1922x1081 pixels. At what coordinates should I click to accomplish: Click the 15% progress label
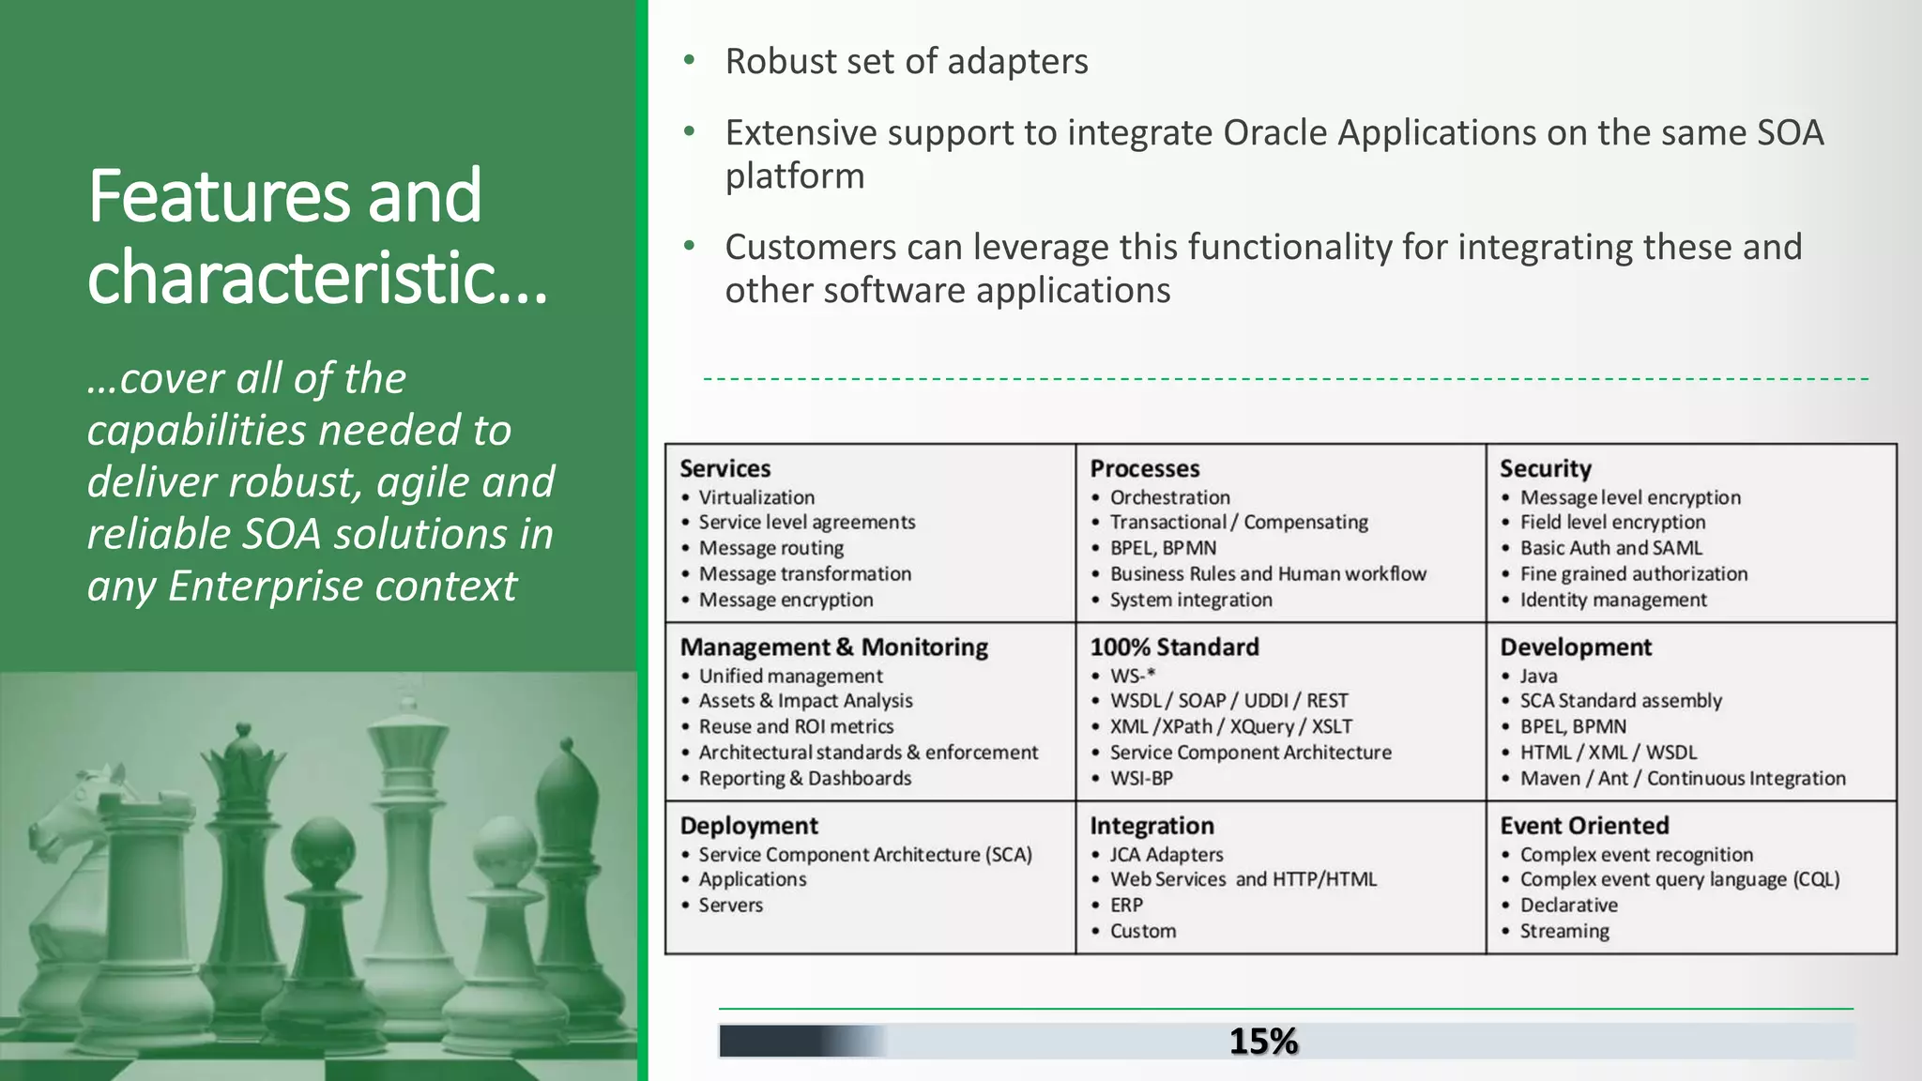pyautogui.click(x=1263, y=1041)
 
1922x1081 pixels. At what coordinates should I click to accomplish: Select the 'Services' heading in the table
pyautogui.click(x=725, y=468)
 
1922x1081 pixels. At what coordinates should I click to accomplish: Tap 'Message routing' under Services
pyautogui.click(x=770, y=548)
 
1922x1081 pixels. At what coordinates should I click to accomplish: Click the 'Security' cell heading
pyautogui.click(x=1545, y=468)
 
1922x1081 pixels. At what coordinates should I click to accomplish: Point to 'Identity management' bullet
pyautogui.click(x=1612, y=600)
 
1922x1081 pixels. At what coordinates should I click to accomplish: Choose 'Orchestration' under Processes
pyautogui.click(x=1169, y=497)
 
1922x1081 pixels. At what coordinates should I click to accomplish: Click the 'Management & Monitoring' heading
pyautogui.click(x=833, y=647)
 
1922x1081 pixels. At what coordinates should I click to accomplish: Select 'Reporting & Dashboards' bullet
pyautogui.click(x=804, y=778)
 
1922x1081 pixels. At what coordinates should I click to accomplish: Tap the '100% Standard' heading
pyautogui.click(x=1174, y=647)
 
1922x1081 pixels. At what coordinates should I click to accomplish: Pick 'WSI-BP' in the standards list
pyautogui.click(x=1141, y=778)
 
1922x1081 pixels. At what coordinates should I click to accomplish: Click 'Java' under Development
pyautogui.click(x=1538, y=676)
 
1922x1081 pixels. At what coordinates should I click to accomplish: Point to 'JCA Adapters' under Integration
pyautogui.click(x=1167, y=855)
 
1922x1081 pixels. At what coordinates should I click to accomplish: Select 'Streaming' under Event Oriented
pyautogui.click(x=1564, y=931)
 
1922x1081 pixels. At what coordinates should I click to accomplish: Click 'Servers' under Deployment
pyautogui.click(x=730, y=906)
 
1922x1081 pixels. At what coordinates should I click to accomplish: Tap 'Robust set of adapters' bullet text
pyautogui.click(x=906, y=62)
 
